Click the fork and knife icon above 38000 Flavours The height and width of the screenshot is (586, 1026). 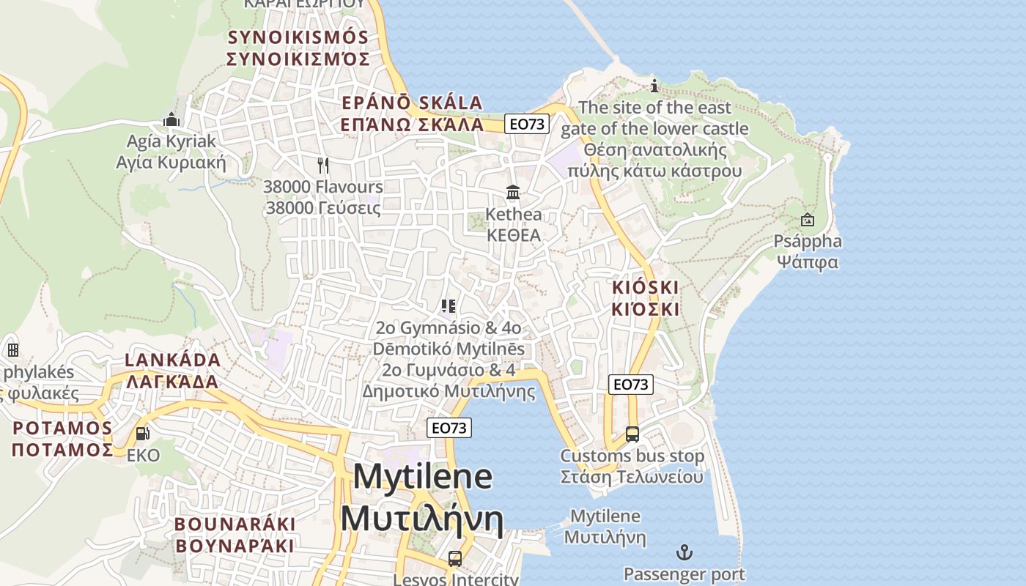(x=322, y=165)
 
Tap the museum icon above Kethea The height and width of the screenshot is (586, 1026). (x=513, y=193)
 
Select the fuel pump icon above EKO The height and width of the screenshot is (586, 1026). (x=143, y=434)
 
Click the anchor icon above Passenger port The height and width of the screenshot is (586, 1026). (x=684, y=552)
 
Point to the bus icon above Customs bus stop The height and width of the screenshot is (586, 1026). (x=632, y=434)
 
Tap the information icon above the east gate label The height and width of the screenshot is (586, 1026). (x=654, y=86)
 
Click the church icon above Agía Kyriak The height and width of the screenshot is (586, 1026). (x=171, y=119)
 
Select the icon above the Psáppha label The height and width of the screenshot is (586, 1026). (x=808, y=219)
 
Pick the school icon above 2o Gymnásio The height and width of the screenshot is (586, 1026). (x=449, y=305)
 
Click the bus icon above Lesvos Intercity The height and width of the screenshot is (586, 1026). (x=455, y=559)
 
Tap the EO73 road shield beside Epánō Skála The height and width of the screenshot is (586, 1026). (x=527, y=124)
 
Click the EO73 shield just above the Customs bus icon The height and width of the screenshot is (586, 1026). (x=630, y=384)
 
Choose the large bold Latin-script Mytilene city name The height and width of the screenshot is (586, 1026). (x=423, y=477)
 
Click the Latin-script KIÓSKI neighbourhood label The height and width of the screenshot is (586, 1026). (x=645, y=286)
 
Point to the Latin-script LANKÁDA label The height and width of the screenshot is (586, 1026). (x=173, y=360)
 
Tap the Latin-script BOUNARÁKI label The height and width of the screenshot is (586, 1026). (x=235, y=524)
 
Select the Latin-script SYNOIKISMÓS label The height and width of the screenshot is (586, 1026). (x=298, y=37)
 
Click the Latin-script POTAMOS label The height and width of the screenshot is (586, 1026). (x=62, y=428)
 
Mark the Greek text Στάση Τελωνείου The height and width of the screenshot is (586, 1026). (x=632, y=477)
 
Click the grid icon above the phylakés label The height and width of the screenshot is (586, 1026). (x=12, y=350)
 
